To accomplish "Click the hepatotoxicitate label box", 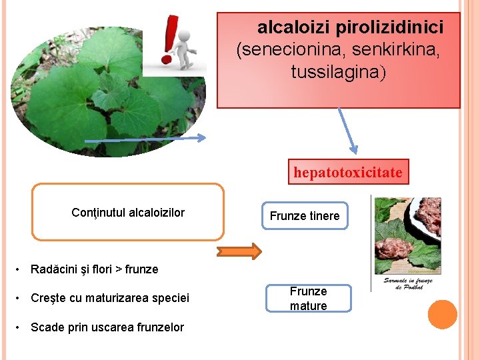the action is coord(348,173).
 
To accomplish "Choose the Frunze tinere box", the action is coord(305,216).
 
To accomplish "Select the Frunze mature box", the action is coord(308,299).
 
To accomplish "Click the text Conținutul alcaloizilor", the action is coord(128,213).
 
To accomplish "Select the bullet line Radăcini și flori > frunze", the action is coord(95,269).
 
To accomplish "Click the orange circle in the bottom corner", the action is coord(443,314).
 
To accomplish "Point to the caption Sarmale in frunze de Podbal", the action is coord(408,285).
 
